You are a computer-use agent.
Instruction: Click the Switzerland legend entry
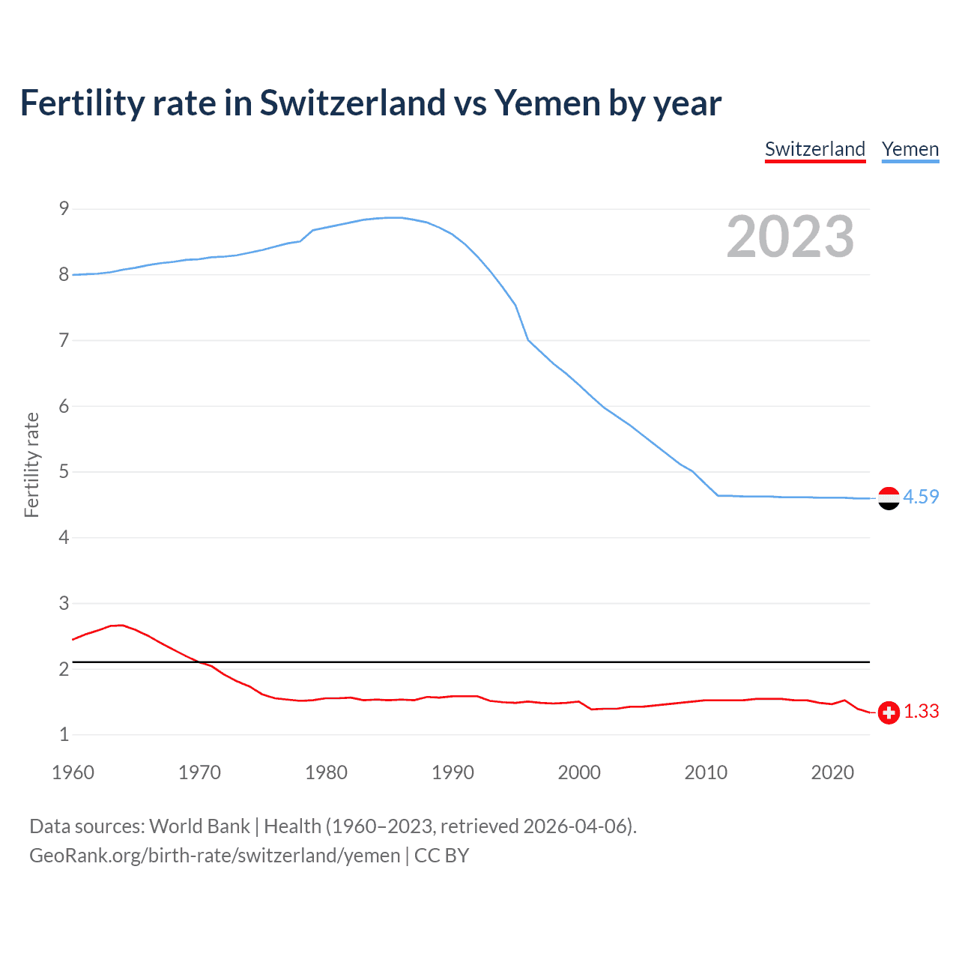tap(815, 149)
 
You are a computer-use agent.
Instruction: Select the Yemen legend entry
tap(910, 149)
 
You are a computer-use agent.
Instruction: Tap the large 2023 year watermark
tap(790, 237)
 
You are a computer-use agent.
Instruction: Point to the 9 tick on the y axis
tap(64, 208)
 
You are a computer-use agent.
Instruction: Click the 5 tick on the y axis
tap(64, 471)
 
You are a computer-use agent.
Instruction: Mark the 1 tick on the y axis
tap(64, 734)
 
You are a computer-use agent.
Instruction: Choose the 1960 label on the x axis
tap(73, 772)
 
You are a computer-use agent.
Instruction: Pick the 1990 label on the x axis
tap(453, 772)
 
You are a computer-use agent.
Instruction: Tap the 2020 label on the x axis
tap(832, 772)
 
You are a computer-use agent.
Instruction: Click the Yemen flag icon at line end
tap(889, 498)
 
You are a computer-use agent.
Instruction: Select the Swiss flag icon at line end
tap(889, 713)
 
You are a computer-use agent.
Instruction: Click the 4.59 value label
tap(921, 497)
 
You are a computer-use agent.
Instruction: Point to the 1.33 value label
tap(921, 711)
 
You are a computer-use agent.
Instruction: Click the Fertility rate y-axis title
tap(31, 465)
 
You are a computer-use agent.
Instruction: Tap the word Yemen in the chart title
tap(547, 103)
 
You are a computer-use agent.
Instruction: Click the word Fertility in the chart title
tap(82, 103)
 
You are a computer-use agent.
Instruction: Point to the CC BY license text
tap(441, 856)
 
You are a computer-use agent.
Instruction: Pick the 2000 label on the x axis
tap(579, 772)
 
